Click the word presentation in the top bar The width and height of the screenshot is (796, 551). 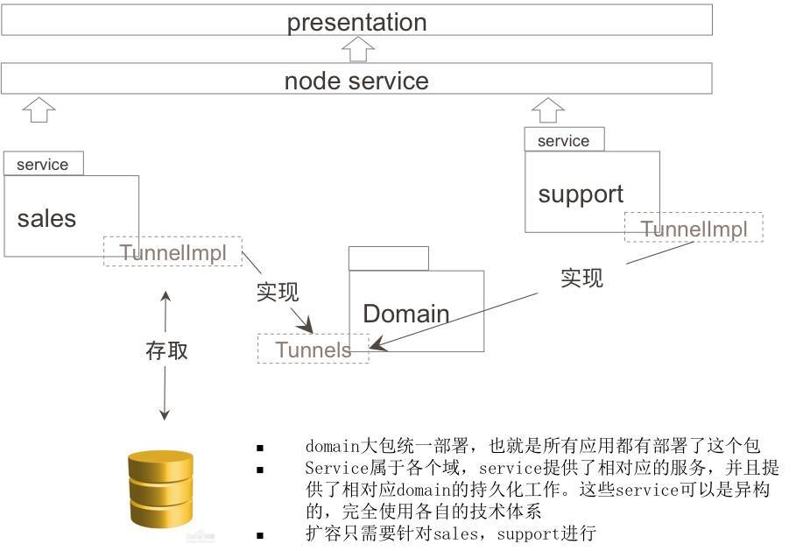point(356,22)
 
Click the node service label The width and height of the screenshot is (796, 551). point(356,81)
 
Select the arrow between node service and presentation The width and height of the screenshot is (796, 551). point(356,49)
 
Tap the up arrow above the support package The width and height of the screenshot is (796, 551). point(548,109)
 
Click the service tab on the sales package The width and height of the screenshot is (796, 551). point(43,164)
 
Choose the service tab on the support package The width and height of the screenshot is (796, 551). point(563,140)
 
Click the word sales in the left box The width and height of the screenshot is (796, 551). point(46,218)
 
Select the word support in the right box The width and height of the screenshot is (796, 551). point(581,194)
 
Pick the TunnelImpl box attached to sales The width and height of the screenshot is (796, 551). point(173,252)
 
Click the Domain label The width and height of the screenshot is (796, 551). point(405,314)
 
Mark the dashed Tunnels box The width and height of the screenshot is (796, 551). point(313,350)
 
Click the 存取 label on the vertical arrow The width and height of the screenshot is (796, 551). point(166,350)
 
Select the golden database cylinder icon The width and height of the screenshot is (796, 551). point(160,491)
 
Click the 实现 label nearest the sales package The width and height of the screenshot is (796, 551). point(278,292)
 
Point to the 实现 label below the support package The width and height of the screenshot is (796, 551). point(581,278)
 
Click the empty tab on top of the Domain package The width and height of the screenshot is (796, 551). point(388,259)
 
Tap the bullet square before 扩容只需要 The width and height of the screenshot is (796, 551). point(260,534)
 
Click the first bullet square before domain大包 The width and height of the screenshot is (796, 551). point(260,448)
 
